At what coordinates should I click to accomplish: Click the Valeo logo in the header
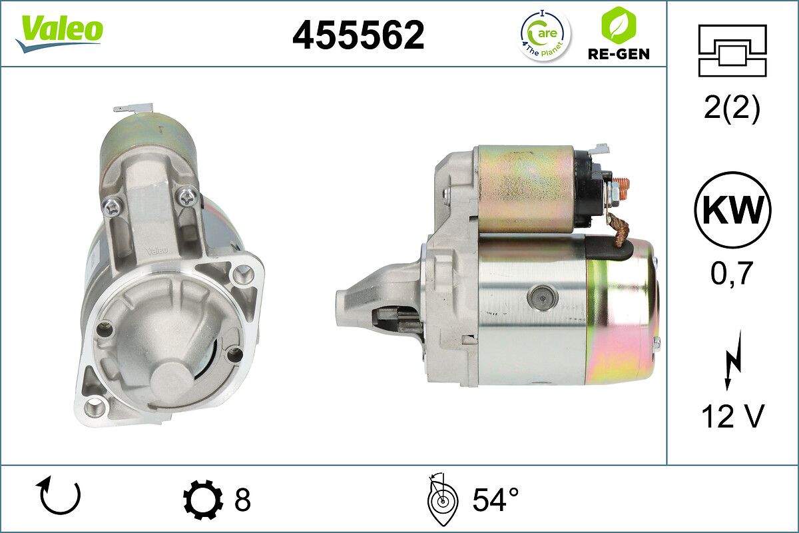click(59, 33)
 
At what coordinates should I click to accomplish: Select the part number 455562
click(358, 35)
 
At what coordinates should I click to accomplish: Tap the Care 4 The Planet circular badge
click(545, 35)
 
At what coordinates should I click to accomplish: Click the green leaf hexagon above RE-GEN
click(619, 25)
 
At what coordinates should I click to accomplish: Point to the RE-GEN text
click(619, 54)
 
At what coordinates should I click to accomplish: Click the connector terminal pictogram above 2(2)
click(732, 51)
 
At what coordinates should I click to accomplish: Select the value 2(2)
click(732, 109)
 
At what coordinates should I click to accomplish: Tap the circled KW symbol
click(732, 210)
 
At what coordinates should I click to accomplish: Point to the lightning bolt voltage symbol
click(733, 360)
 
